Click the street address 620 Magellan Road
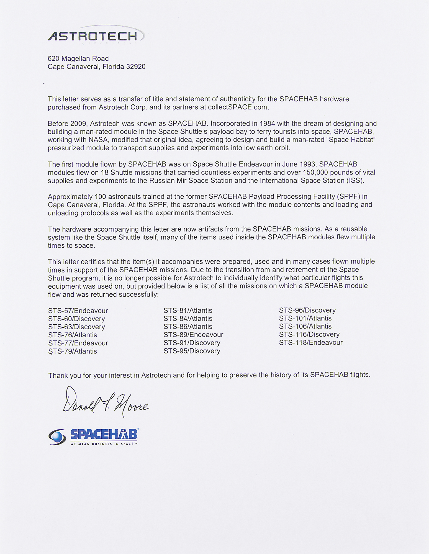[x=78, y=58]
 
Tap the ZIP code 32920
[x=136, y=67]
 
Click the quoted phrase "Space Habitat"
[x=351, y=140]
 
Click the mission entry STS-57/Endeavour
[x=78, y=311]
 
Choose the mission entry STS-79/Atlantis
[x=73, y=351]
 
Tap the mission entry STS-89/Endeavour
[x=193, y=335]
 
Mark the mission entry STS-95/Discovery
[x=192, y=351]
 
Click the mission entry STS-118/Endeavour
[x=311, y=343]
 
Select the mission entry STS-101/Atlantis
[x=305, y=318]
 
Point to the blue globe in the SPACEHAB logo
[x=58, y=437]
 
